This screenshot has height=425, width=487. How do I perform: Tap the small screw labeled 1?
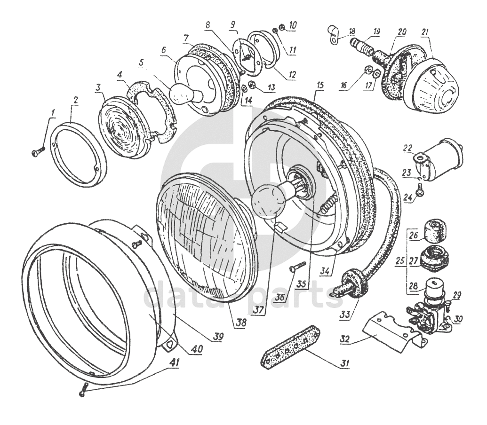point(39,151)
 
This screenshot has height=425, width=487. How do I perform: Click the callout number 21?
point(425,32)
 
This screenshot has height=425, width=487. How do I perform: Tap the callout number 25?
point(400,260)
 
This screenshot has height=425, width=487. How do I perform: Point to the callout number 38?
point(241,323)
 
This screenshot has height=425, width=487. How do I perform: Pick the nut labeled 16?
point(367,71)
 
